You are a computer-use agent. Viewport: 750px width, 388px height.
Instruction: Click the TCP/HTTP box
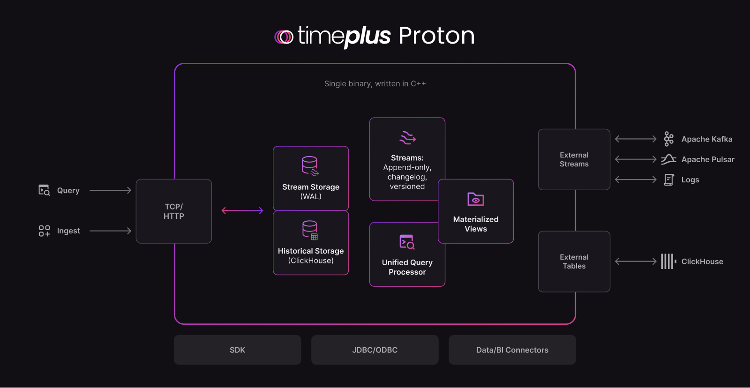click(x=173, y=211)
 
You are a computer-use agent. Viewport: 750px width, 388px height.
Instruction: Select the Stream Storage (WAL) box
click(x=311, y=179)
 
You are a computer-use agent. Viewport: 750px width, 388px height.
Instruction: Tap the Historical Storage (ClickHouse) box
click(x=311, y=243)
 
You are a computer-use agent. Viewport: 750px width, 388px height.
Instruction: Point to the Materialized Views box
click(x=476, y=211)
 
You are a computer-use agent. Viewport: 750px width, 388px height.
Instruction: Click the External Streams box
click(x=574, y=159)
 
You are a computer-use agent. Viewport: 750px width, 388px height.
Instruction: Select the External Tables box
click(x=574, y=261)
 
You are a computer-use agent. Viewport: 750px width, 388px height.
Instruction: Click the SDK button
click(x=237, y=350)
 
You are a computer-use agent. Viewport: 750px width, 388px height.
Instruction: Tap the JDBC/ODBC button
click(x=375, y=350)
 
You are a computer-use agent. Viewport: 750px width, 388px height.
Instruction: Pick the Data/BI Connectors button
click(x=512, y=350)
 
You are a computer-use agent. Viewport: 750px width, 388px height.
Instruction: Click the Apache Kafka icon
click(x=669, y=139)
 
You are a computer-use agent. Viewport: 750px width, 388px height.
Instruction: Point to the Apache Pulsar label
click(x=708, y=159)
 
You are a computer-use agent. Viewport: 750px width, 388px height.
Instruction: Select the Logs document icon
click(x=669, y=179)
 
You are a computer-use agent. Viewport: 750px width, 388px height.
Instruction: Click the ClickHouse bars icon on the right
click(x=668, y=261)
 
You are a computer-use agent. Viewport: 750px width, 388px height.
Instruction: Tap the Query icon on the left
click(x=44, y=190)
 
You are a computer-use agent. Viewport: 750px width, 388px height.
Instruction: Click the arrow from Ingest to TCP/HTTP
click(x=110, y=231)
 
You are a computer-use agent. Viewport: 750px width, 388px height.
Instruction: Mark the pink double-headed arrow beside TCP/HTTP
click(x=242, y=211)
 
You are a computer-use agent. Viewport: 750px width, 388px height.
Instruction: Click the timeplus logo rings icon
click(x=284, y=37)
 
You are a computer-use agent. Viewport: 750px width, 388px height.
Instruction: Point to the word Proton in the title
click(x=436, y=36)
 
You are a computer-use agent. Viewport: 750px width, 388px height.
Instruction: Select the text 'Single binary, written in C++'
click(x=375, y=84)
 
